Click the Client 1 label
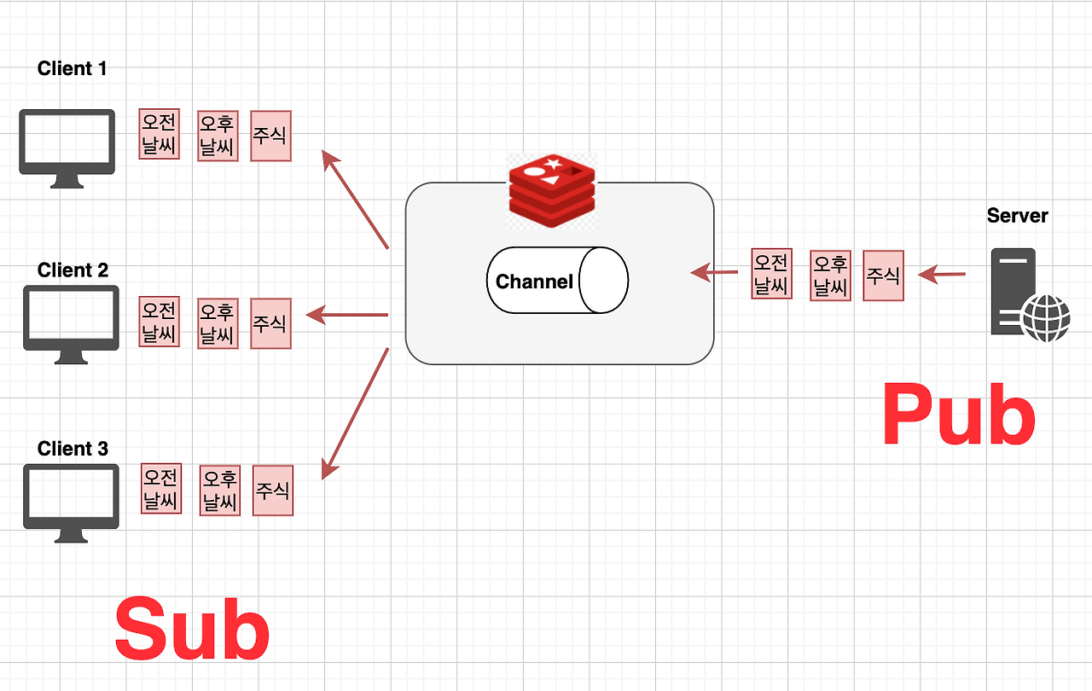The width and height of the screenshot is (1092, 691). pyautogui.click(x=73, y=69)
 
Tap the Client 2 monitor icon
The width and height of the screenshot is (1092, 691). pyautogui.click(x=71, y=324)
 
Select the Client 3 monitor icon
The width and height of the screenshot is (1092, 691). pyautogui.click(x=71, y=503)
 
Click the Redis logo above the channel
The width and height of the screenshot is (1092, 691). pyautogui.click(x=552, y=191)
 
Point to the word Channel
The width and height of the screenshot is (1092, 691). pyautogui.click(x=534, y=282)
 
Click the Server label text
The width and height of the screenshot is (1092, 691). pyautogui.click(x=1018, y=215)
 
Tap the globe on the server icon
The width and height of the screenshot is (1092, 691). pyautogui.click(x=1046, y=318)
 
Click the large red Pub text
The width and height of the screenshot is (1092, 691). pyautogui.click(x=959, y=415)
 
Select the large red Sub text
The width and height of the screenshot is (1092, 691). pyautogui.click(x=192, y=629)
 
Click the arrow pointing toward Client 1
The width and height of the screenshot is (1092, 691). pyautogui.click(x=356, y=200)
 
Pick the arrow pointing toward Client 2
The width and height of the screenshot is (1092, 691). pyautogui.click(x=347, y=315)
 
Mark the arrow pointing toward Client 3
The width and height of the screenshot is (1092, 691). pyautogui.click(x=356, y=414)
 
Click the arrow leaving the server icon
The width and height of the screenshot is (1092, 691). pyautogui.click(x=942, y=275)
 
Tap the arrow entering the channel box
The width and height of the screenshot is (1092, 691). pyautogui.click(x=714, y=272)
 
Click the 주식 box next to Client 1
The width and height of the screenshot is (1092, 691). pyautogui.click(x=270, y=136)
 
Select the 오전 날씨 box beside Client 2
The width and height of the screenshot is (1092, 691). pyautogui.click(x=159, y=322)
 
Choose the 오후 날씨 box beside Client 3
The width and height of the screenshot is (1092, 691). pyautogui.click(x=220, y=491)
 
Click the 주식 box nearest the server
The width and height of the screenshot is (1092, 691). pyautogui.click(x=883, y=276)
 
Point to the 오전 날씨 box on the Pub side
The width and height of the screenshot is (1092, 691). pyautogui.click(x=772, y=274)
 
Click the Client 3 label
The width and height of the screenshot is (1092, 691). pyautogui.click(x=73, y=449)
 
